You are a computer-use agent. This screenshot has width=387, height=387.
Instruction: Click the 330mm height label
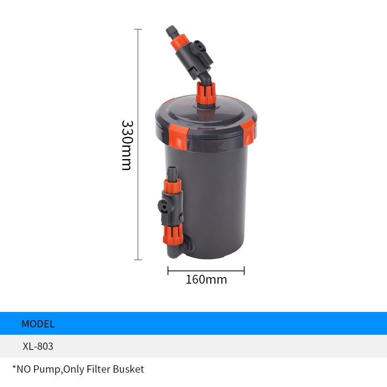[x=127, y=145]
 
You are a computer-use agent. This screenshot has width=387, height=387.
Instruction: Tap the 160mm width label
[x=206, y=279]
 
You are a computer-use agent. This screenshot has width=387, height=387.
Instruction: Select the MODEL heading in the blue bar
[x=38, y=324]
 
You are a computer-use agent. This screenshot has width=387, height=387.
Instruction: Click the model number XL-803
[x=38, y=346]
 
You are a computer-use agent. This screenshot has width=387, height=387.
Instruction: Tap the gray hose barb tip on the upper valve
[x=171, y=31]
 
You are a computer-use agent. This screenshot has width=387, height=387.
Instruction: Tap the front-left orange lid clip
[x=178, y=135]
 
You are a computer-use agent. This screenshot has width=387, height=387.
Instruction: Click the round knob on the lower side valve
[x=164, y=205]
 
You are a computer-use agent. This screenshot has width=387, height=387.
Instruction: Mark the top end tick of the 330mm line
[x=138, y=29]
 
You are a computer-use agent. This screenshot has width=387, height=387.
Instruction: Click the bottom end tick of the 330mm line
[x=138, y=260]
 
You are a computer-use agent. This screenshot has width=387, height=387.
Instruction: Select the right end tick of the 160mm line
[x=244, y=271]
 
